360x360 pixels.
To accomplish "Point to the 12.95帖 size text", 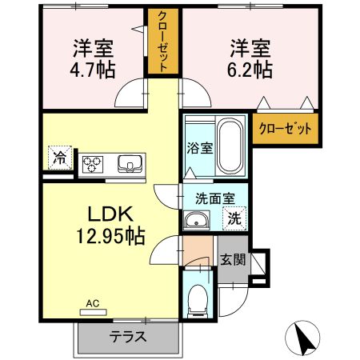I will (x=111, y=237).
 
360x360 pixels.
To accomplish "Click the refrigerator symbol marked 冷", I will (x=59, y=158).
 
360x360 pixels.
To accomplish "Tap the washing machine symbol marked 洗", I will (x=236, y=216).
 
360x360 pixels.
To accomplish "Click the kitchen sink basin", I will (x=129, y=164).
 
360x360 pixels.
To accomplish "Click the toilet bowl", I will (x=196, y=302).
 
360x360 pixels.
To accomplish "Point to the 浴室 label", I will (x=199, y=148).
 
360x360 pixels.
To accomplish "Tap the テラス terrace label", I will (x=128, y=336).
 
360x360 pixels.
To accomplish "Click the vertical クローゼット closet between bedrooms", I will (x=163, y=44).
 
